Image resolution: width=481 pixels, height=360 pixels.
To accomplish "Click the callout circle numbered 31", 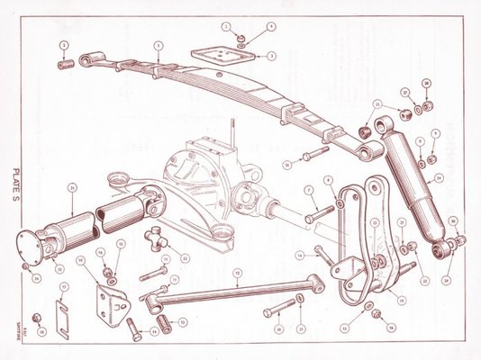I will [x=72, y=187].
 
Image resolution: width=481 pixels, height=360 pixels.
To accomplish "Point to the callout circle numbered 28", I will [x=427, y=84].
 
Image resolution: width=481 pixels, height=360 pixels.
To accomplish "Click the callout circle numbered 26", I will [x=287, y=164].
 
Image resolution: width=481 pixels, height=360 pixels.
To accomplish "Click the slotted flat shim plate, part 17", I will [x=63, y=307].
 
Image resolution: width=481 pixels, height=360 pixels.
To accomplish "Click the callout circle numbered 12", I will [x=186, y=257].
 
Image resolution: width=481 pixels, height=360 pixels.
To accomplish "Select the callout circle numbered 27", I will [x=405, y=92].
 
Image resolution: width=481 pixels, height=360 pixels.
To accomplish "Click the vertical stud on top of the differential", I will [x=233, y=128].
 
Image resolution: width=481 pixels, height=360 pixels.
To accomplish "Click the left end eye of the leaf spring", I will [x=87, y=59].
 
